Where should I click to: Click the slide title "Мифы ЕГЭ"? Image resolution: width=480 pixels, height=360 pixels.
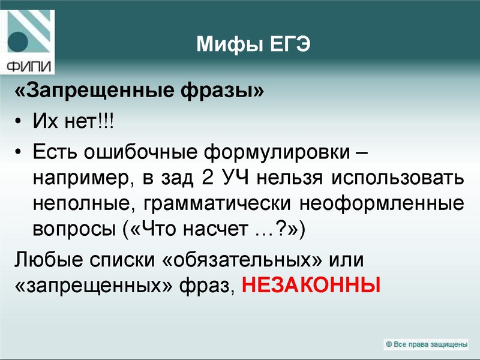pos(254,43)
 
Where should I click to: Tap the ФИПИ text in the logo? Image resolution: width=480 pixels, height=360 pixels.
pos(29,65)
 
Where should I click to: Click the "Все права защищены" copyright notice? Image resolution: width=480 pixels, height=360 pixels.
pos(427,344)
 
